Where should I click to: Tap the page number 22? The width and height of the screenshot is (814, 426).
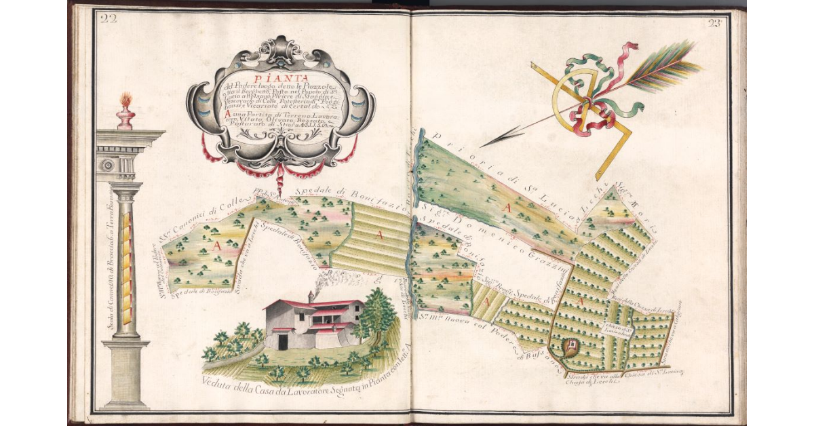[x=108, y=18]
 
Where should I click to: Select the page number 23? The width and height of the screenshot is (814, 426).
[x=714, y=22]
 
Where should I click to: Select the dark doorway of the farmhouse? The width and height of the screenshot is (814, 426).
[x=283, y=341]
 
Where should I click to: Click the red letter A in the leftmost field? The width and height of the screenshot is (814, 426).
[x=217, y=246]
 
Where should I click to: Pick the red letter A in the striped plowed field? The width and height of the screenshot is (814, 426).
[x=380, y=235]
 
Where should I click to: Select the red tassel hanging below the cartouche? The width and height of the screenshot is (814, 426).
[x=280, y=182]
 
